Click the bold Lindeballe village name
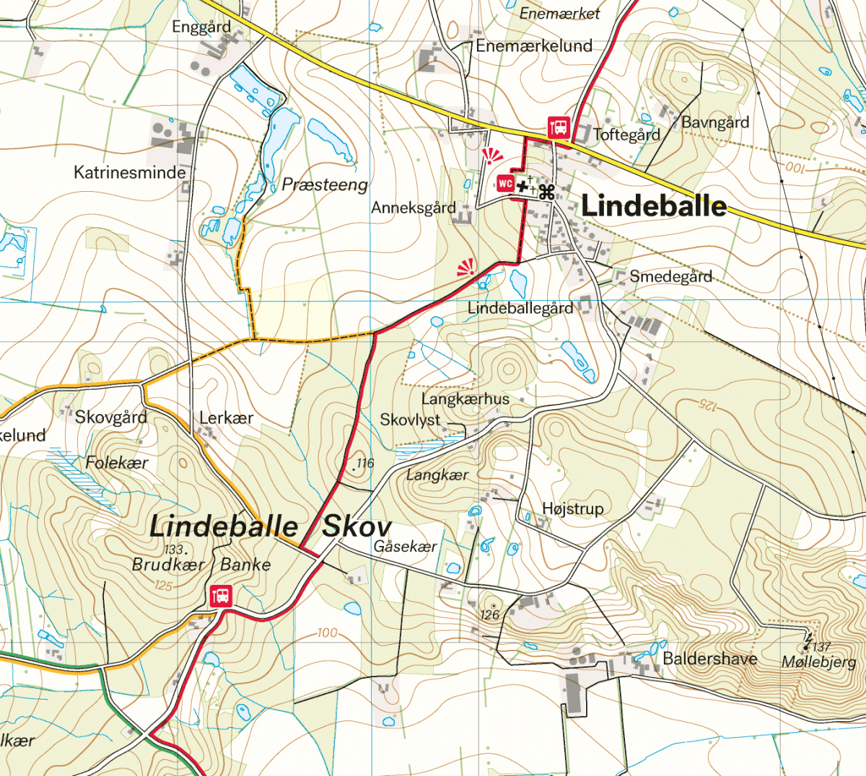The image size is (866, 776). point(654,206)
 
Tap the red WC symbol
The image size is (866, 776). point(505,183)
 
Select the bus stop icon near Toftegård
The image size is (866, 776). point(559,128)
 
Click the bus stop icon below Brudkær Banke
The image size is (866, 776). point(222,596)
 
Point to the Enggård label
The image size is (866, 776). point(201,27)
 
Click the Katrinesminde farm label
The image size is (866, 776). point(130,172)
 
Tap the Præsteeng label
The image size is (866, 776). point(325,185)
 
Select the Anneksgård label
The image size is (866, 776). point(414,208)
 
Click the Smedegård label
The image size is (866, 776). point(670,276)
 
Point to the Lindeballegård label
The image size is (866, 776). point(520,308)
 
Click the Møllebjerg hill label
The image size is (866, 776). point(819,662)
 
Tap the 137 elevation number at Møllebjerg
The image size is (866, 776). point(821,647)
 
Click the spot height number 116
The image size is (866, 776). point(365,463)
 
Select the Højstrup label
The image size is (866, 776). point(572,508)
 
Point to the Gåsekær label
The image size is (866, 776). point(405,547)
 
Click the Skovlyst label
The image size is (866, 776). point(410,420)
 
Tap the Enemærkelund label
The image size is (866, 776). point(534,46)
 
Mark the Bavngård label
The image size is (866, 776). point(715,122)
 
